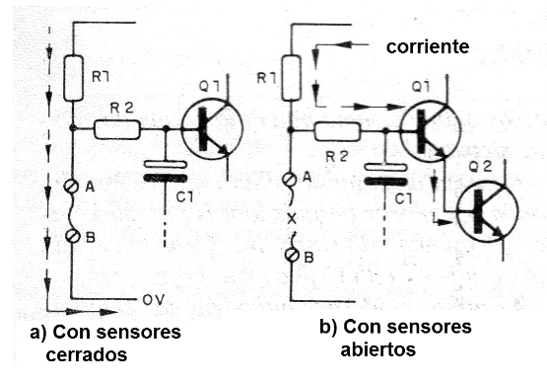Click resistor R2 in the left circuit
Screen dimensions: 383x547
pyautogui.click(x=118, y=128)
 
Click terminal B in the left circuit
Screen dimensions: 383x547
pyautogui.click(x=73, y=237)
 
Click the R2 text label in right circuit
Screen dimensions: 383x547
pyautogui.click(x=336, y=154)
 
